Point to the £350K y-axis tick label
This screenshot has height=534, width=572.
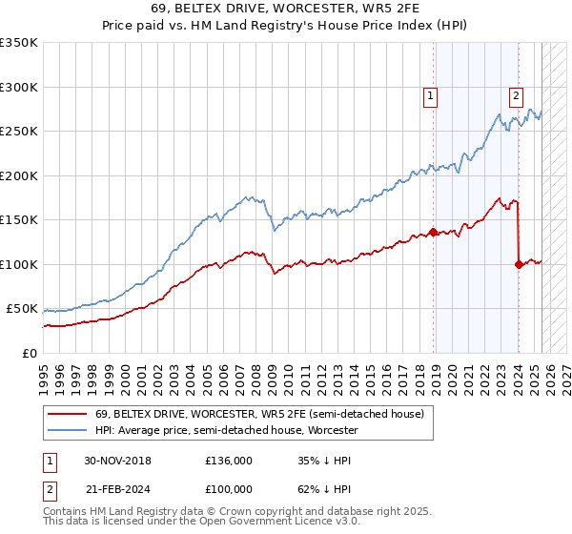point(19,43)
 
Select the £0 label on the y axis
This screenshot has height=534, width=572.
point(30,353)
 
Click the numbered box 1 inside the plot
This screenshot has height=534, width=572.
point(431,95)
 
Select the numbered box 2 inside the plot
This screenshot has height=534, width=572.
point(516,95)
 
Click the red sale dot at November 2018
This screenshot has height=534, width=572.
point(434,232)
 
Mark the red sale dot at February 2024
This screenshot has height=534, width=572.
point(519,264)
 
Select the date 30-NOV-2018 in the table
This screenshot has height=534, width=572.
point(118,461)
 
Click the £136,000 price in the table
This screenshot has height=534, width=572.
point(229,461)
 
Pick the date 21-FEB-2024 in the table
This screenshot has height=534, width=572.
point(117,487)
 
